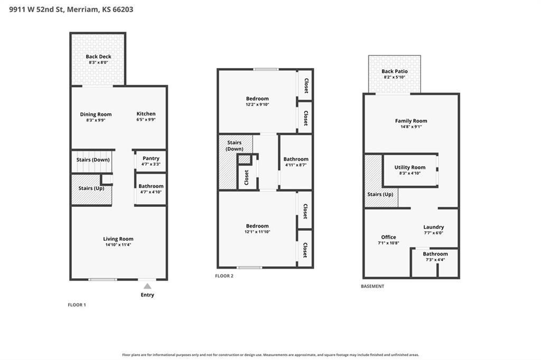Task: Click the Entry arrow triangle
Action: click(147, 286)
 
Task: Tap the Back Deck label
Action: click(98, 56)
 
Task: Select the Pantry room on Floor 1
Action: click(151, 161)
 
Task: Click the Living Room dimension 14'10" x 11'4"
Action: click(118, 245)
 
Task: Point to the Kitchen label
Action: click(146, 114)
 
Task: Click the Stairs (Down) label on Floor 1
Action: click(93, 159)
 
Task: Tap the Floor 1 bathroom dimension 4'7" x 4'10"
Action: click(151, 192)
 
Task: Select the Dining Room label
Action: click(96, 115)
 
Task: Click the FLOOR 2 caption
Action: click(224, 276)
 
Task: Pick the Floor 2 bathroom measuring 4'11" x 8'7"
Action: click(296, 162)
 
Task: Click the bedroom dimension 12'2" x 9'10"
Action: click(257, 105)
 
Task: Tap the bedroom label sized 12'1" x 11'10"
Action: click(257, 226)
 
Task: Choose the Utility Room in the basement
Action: click(410, 170)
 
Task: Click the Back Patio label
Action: click(394, 71)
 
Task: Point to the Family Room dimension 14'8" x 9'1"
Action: click(411, 127)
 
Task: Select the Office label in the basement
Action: click(388, 237)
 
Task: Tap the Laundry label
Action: click(433, 227)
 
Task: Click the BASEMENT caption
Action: click(372, 286)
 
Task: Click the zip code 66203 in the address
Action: click(123, 10)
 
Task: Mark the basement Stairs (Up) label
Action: click(380, 194)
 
